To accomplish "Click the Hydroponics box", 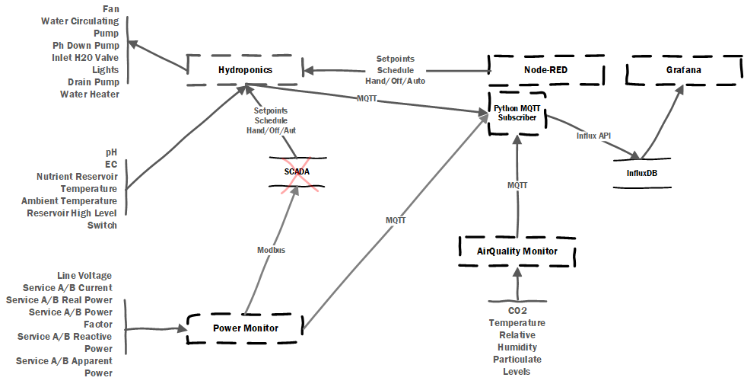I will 245,70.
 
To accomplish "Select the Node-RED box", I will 546,70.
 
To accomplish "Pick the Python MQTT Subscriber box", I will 517,113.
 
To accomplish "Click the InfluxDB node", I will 637,172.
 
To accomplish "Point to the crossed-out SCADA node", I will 297,171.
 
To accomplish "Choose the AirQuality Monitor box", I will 517,251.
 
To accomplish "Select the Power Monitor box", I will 244,328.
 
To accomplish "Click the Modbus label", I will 271,249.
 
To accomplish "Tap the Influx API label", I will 593,136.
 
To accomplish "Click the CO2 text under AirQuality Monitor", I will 517,310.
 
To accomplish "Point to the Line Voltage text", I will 84,275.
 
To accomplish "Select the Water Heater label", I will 90,94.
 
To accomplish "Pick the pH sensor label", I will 111,152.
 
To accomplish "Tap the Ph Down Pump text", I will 87,46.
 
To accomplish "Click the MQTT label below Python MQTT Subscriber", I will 517,186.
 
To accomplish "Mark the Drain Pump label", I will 93,82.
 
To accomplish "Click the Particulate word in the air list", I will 517,359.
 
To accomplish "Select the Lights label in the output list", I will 105,70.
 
